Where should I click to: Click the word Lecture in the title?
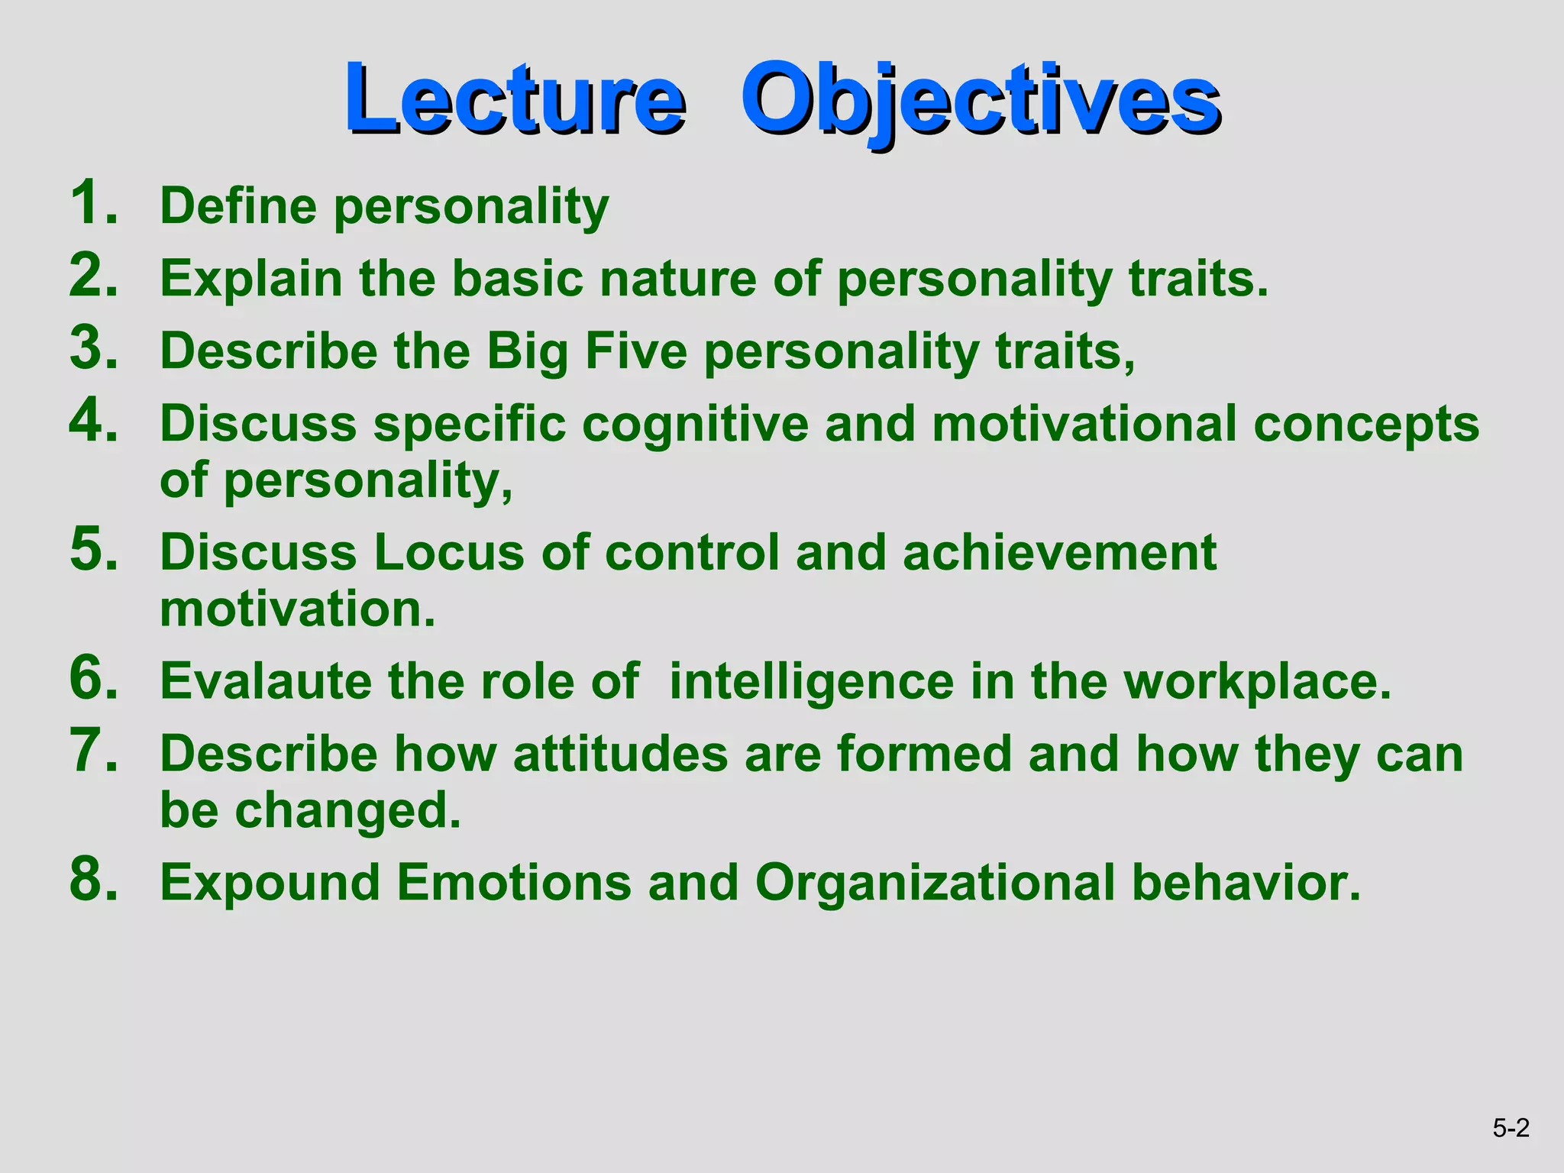514,99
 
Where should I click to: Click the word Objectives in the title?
980,99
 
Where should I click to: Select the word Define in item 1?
238,206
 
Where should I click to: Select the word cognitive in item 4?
694,425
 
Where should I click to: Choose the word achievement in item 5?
1059,552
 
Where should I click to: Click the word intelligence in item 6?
811,682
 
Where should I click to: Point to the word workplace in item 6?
1257,682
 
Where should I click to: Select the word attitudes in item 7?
620,754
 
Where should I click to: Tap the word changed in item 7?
347,811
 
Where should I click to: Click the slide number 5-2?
1511,1128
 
